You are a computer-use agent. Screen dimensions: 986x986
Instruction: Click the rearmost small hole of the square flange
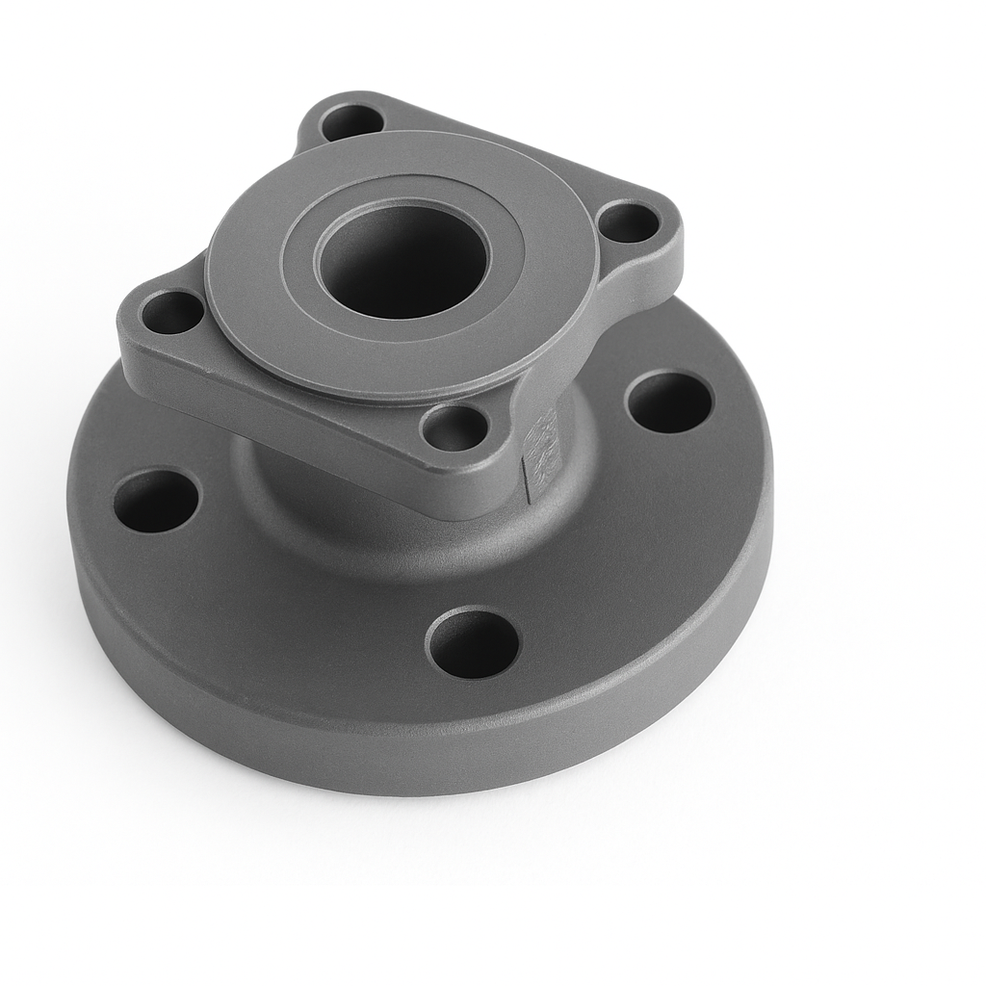pos(351,122)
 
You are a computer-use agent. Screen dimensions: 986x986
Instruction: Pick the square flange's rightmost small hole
pos(628,223)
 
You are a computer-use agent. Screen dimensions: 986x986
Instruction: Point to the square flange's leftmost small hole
pos(171,312)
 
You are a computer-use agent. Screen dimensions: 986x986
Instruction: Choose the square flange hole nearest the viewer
pos(454,428)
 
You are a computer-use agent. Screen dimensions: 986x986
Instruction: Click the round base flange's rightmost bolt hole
pos(669,402)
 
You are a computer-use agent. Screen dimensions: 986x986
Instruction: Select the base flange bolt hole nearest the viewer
pos(473,643)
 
